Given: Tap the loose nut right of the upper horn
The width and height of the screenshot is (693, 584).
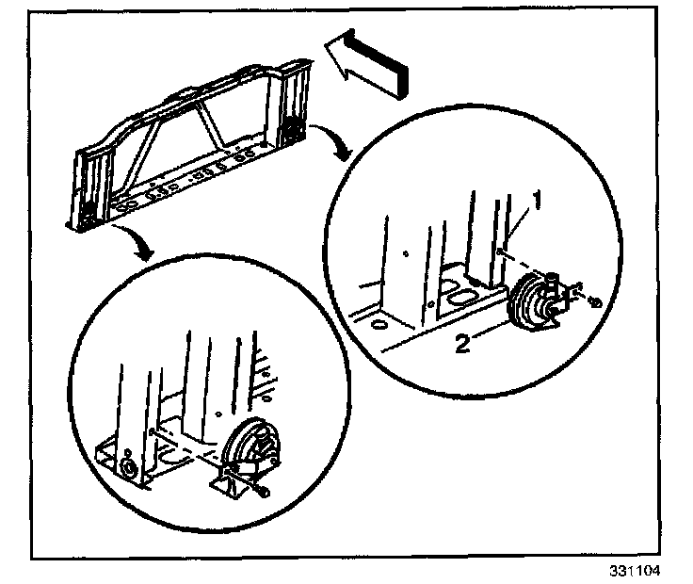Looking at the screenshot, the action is (x=596, y=302).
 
